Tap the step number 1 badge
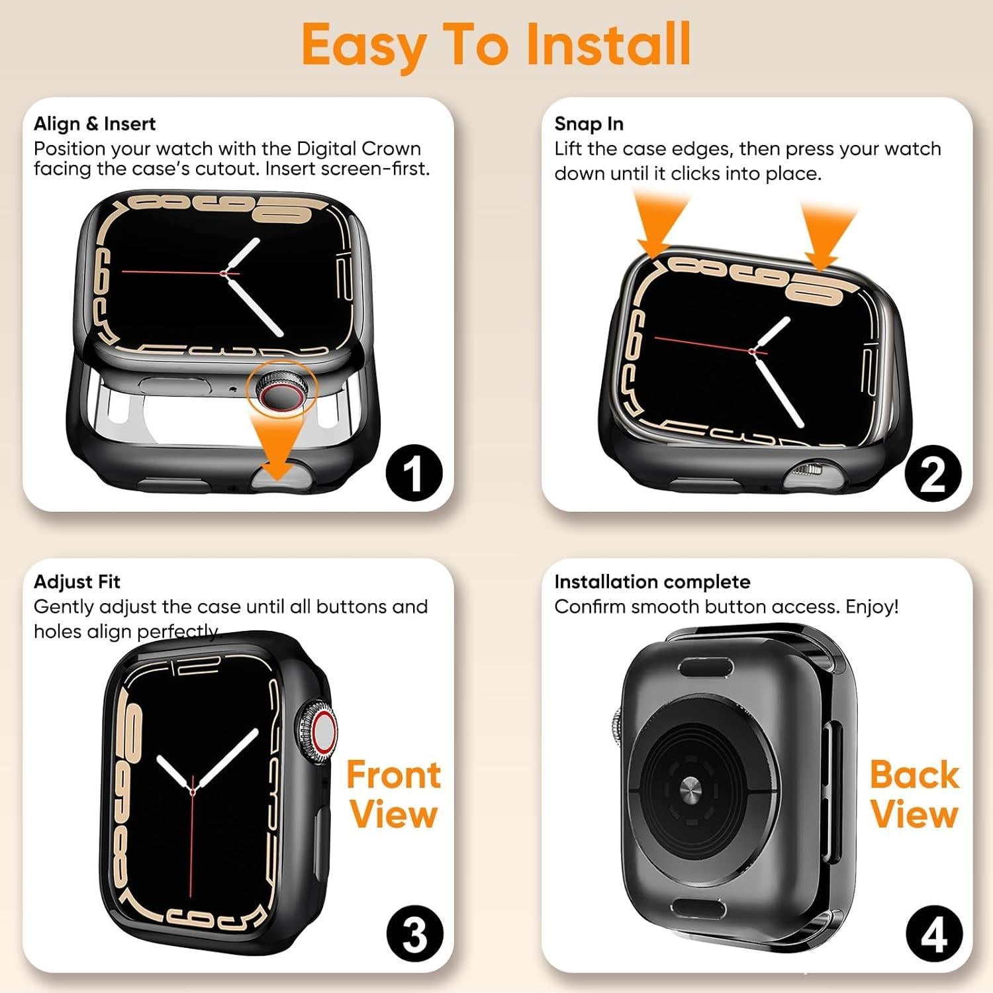(x=414, y=473)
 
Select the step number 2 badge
(x=933, y=473)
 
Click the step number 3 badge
(x=414, y=934)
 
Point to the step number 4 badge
(x=933, y=934)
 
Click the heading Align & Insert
(x=95, y=124)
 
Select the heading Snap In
(x=589, y=124)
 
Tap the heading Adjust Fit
(x=77, y=582)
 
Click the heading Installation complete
(x=652, y=582)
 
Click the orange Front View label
(x=393, y=794)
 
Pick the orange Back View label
(x=914, y=794)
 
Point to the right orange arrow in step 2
(x=827, y=235)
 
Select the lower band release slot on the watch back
(x=698, y=908)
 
